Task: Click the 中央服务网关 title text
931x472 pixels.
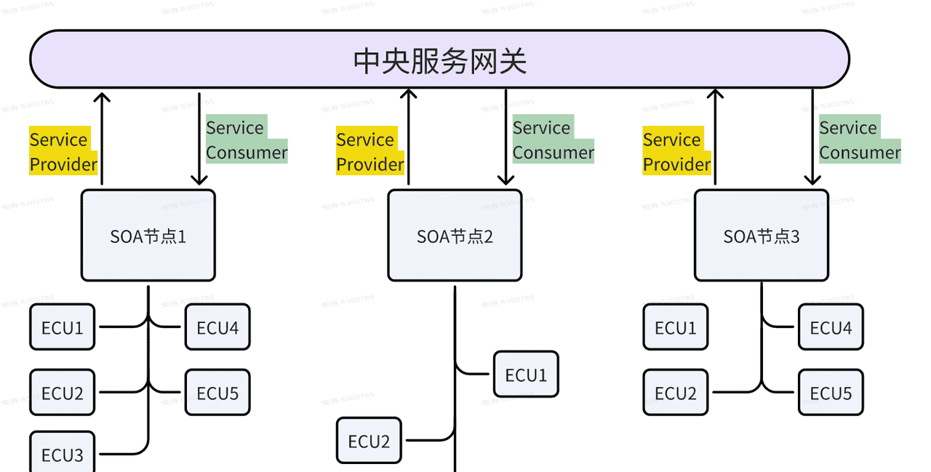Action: coord(439,61)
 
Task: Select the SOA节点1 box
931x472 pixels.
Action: coord(148,236)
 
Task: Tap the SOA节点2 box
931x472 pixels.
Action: coord(455,236)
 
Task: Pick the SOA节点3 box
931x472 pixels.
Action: coord(762,236)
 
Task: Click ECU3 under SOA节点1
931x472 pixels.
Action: coord(63,454)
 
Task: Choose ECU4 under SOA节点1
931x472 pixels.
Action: coord(217,327)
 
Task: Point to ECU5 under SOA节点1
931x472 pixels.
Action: coord(217,393)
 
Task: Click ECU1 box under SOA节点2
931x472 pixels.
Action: coord(526,375)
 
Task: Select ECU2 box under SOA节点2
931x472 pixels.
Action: coord(369,441)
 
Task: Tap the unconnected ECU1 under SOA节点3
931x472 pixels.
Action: coord(676,327)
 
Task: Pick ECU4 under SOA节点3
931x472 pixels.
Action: coord(831,327)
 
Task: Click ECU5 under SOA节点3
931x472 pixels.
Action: coord(831,393)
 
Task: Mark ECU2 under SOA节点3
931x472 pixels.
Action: coord(676,393)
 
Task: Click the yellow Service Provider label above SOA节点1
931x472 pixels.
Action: coord(63,152)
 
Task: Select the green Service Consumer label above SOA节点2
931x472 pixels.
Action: coord(553,140)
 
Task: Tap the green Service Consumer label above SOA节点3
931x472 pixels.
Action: coord(860,140)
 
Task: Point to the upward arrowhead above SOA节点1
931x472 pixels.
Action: coord(102,96)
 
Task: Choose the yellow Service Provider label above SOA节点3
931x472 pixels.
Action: coord(676,152)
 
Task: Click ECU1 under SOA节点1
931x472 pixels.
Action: coord(63,327)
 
